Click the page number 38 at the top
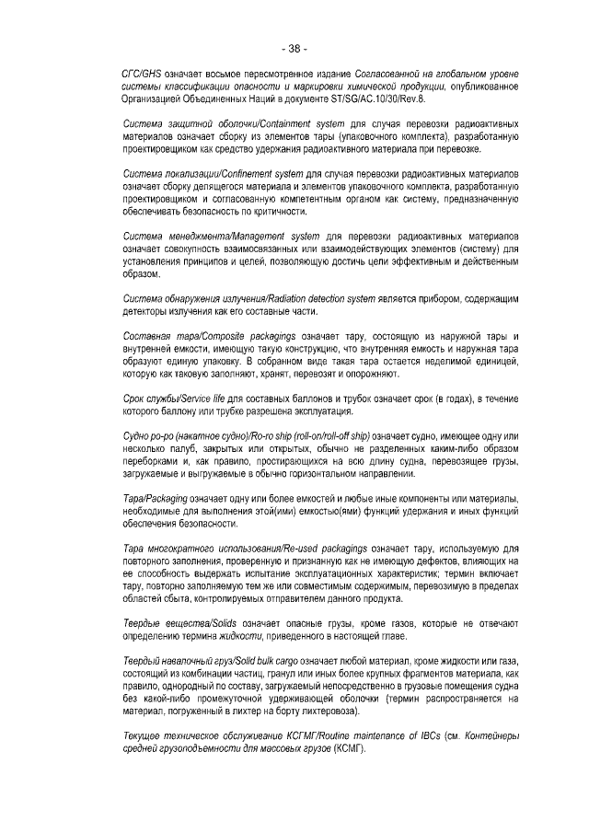coord(294,49)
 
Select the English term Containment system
coord(268,123)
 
